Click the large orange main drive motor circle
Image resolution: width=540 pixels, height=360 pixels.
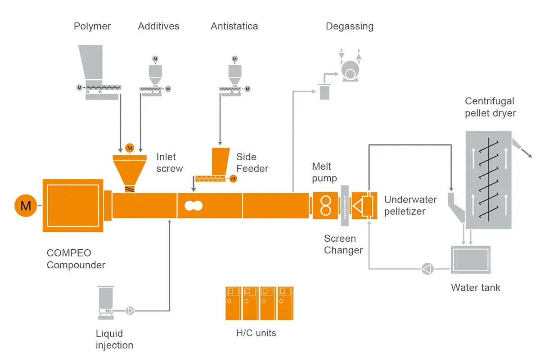(x=26, y=206)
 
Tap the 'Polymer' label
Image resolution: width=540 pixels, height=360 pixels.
(x=92, y=27)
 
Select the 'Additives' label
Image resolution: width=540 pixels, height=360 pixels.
(x=158, y=27)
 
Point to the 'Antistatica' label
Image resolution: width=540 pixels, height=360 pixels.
(x=234, y=27)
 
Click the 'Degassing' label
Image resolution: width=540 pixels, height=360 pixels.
(x=349, y=27)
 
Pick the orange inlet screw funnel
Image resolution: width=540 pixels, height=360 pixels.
(x=130, y=171)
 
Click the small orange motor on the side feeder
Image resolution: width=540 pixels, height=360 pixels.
(x=233, y=179)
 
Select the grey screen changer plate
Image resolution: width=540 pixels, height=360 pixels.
(x=345, y=206)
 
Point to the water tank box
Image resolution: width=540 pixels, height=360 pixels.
(x=470, y=260)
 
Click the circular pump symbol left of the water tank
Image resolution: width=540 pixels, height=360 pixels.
(x=427, y=269)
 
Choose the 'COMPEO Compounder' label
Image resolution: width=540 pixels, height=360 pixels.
(x=76, y=259)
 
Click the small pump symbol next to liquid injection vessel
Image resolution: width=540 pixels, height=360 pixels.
(x=130, y=310)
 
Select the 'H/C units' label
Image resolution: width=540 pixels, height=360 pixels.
(x=256, y=333)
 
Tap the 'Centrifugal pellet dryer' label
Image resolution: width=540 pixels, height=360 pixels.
(x=490, y=107)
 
